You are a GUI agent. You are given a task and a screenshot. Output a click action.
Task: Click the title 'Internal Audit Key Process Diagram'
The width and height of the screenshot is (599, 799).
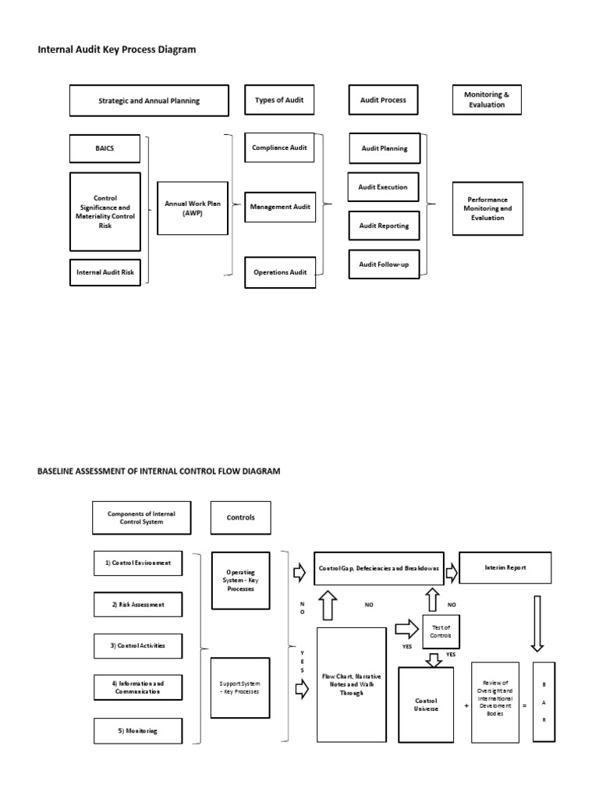point(117,50)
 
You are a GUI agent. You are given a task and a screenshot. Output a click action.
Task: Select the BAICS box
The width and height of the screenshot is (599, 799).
point(105,147)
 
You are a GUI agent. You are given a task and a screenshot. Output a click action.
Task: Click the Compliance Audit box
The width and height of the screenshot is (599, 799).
point(279,147)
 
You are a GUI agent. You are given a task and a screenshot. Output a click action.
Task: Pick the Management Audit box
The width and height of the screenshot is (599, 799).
point(280,207)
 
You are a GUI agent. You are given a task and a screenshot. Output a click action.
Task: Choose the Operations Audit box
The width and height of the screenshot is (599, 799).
point(280,272)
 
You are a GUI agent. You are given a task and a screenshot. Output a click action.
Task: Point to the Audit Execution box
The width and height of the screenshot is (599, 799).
point(383,187)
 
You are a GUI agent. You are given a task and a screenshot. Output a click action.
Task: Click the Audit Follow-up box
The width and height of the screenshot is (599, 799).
point(383,265)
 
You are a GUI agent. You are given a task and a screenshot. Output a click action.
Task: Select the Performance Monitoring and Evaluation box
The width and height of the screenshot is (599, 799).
point(487,208)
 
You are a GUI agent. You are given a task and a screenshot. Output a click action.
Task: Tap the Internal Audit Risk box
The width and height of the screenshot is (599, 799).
point(105,272)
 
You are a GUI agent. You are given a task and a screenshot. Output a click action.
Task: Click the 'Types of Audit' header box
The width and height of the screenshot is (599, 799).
point(279,100)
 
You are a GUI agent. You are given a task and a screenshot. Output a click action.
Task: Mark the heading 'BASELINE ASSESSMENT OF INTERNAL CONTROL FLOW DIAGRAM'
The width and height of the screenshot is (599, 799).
point(159,471)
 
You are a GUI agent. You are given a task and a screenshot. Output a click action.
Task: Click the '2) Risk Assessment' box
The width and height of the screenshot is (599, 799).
point(138,604)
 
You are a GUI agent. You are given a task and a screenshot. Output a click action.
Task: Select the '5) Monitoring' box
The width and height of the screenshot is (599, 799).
point(138,730)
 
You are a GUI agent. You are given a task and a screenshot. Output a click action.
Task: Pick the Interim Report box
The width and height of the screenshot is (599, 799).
point(505,568)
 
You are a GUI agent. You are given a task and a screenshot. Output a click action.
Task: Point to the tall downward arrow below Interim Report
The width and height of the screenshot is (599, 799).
point(537,622)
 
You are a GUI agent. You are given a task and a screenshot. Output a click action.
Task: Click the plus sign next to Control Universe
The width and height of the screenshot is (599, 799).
point(466,705)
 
